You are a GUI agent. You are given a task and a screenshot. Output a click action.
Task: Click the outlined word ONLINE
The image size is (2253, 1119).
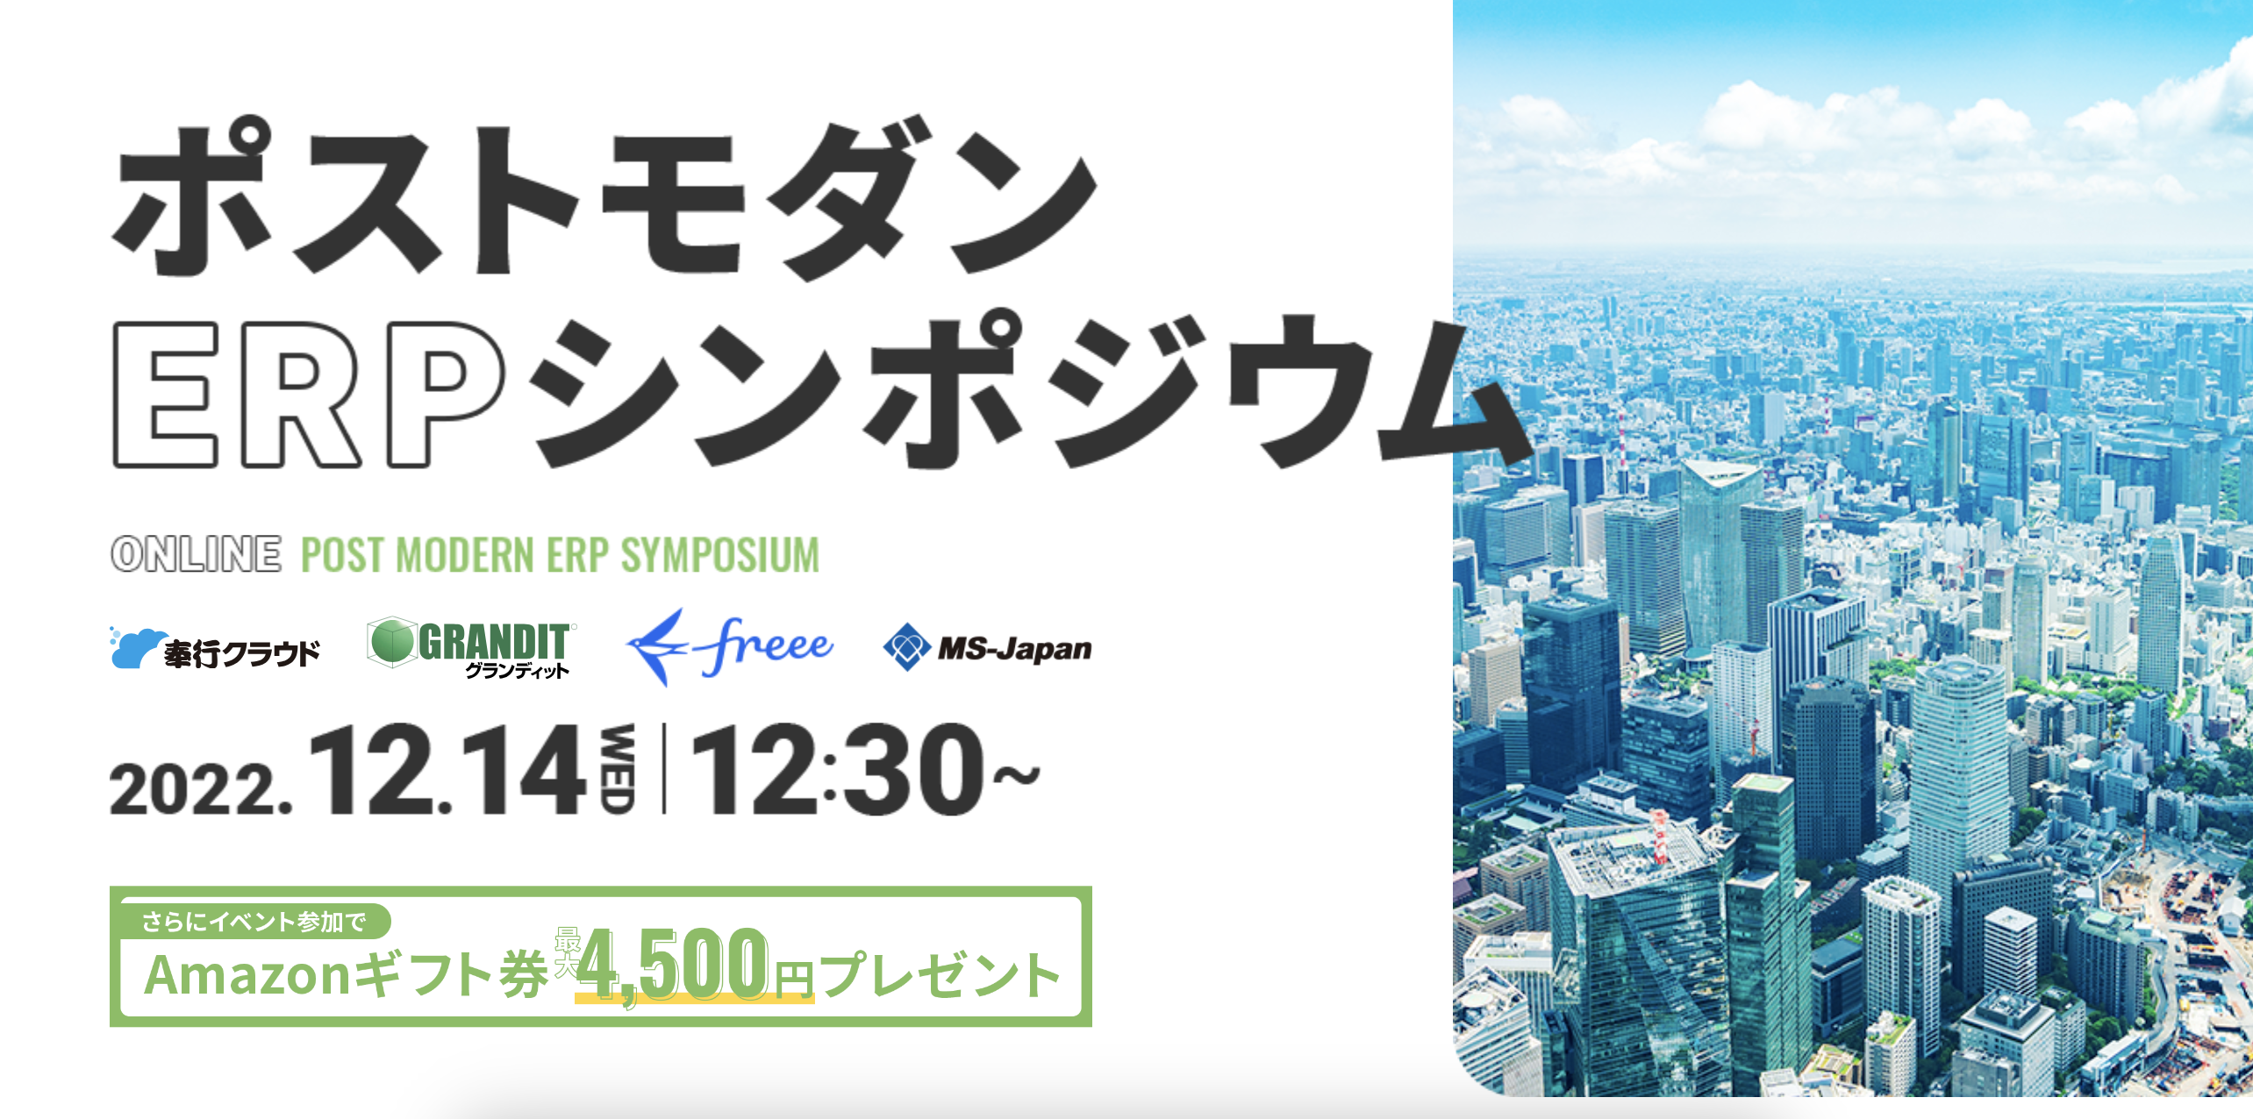[197, 554]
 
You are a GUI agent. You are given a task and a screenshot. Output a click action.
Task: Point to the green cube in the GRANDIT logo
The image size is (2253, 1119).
[391, 641]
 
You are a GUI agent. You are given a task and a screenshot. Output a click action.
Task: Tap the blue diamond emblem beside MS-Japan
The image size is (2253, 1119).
[906, 648]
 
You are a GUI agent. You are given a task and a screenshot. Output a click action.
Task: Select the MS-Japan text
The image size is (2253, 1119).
[1015, 649]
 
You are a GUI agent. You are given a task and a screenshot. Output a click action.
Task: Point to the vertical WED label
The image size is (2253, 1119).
[618, 769]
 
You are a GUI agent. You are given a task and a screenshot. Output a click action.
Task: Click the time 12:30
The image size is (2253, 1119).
[838, 769]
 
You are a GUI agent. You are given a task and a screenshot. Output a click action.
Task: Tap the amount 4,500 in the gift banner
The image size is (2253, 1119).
[672, 965]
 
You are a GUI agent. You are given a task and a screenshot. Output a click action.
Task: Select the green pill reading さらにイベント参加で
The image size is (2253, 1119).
[254, 922]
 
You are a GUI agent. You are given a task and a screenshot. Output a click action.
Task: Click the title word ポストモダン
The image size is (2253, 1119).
[605, 199]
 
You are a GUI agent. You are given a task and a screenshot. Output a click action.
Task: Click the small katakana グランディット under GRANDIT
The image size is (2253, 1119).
[518, 671]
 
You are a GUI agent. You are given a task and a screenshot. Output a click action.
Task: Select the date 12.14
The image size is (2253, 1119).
[447, 769]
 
